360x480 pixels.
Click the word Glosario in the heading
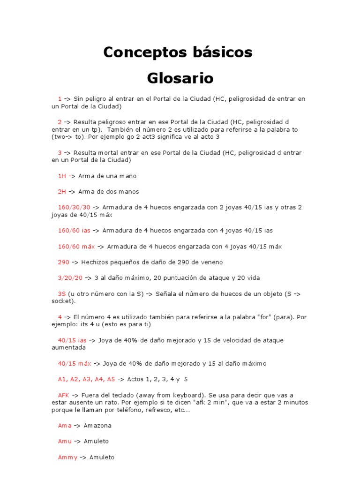pos(180,78)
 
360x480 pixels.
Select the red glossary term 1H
pos(62,176)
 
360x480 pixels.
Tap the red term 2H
pos(62,191)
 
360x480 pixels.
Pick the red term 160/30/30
pos(74,207)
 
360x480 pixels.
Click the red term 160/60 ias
pos(74,230)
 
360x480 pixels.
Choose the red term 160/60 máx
pos(76,247)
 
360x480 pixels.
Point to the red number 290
pos(64,262)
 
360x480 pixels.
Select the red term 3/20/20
pos(70,277)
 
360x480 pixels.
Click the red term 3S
pos(62,293)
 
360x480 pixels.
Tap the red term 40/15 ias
pos(72,340)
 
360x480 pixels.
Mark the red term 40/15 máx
pos(74,363)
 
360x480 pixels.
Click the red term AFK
pos(63,395)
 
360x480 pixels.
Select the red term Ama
pos(65,426)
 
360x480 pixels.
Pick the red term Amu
pos(65,441)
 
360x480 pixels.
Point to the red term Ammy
pos(67,457)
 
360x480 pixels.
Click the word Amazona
pos(97,426)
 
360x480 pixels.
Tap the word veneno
pos(210,262)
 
